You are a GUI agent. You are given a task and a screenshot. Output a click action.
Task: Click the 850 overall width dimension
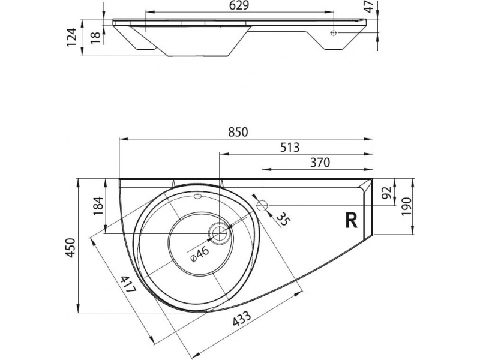click(240, 131)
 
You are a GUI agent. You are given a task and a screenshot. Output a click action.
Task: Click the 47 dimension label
click(370, 7)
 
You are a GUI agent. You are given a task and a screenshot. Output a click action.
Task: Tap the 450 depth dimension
click(71, 248)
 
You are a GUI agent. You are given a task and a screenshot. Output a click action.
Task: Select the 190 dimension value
click(406, 207)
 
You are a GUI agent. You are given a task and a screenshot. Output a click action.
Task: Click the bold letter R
click(352, 220)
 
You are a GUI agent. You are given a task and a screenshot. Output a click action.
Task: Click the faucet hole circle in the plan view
click(262, 205)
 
